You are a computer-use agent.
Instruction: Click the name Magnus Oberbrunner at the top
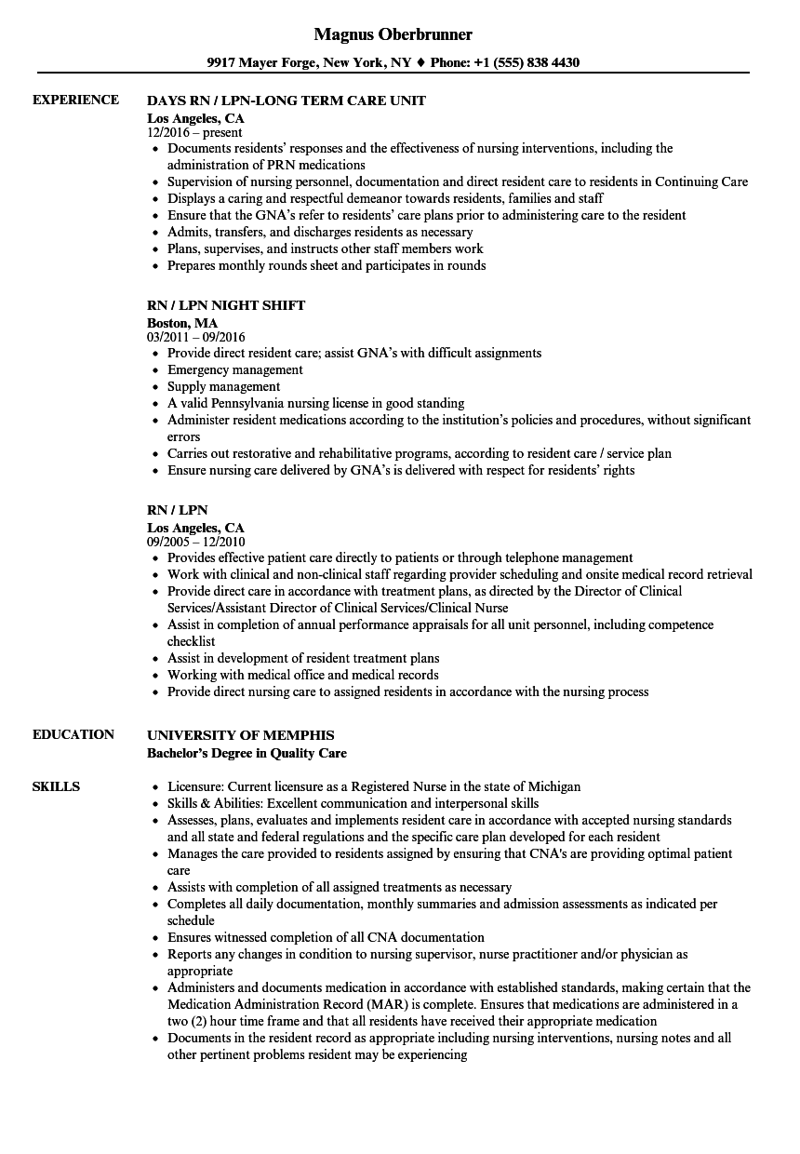coord(393,34)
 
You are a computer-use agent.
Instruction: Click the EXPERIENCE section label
coord(75,100)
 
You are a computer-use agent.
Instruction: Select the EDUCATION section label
coord(73,734)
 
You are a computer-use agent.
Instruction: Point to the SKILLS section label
coord(56,786)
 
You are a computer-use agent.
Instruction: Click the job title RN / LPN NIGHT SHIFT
coord(226,305)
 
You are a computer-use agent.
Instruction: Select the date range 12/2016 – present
coord(194,132)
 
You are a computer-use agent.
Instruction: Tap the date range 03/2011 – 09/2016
coord(196,337)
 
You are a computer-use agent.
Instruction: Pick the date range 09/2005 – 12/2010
coord(196,542)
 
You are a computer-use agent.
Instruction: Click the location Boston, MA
coord(182,323)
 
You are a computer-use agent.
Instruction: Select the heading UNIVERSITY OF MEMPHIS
coord(240,735)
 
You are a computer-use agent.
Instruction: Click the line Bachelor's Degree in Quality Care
coord(247,753)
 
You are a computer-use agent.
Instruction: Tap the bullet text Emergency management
coord(236,369)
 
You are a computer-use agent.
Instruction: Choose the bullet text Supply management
coord(223,386)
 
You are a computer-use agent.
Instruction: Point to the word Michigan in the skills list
coord(554,786)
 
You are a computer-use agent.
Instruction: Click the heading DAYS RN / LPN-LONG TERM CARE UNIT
coord(287,101)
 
